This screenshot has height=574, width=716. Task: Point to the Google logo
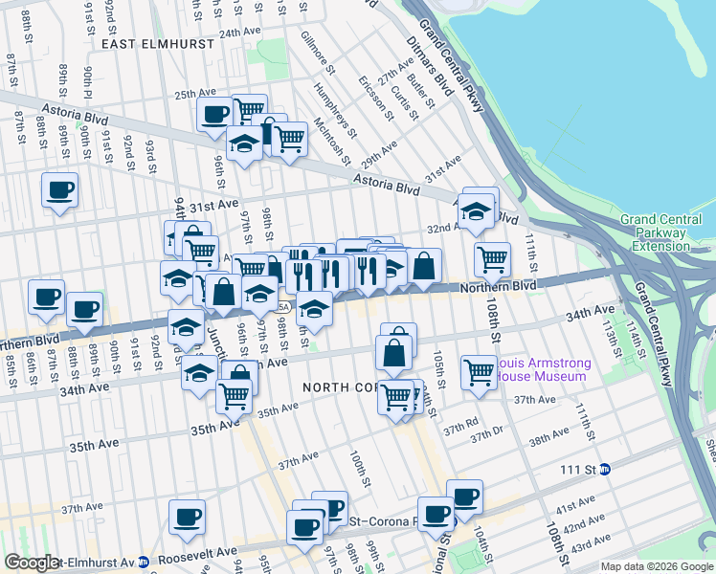(x=31, y=563)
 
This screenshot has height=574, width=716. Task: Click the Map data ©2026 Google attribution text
(x=656, y=566)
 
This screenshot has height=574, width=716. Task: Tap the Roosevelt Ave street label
(x=205, y=552)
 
